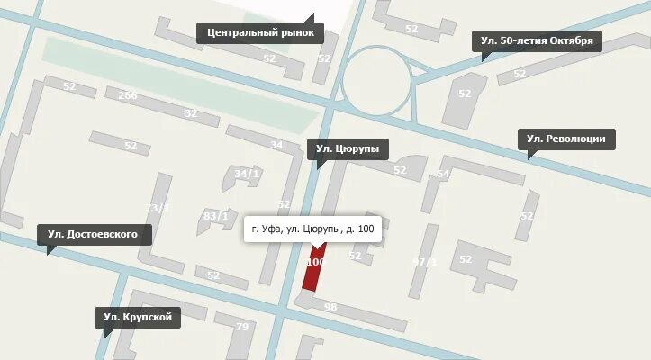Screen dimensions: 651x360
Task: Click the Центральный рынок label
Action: click(259, 33)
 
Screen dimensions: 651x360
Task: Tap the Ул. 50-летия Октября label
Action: click(537, 40)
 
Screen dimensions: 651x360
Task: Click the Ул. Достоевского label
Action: click(94, 235)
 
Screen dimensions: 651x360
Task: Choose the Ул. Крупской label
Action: click(138, 317)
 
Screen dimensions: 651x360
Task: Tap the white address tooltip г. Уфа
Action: click(312, 230)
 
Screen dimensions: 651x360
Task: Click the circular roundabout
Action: click(377, 80)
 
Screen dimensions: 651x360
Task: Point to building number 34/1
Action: click(246, 174)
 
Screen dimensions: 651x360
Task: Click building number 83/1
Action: click(216, 216)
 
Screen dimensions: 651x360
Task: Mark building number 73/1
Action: click(158, 209)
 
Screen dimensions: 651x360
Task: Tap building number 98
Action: click(330, 308)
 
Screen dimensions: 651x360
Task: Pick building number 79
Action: click(241, 327)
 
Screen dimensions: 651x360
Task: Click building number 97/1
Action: click(423, 262)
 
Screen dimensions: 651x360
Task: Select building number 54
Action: click(442, 175)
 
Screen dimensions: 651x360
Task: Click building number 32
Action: click(190, 113)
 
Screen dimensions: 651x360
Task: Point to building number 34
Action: click(276, 146)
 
